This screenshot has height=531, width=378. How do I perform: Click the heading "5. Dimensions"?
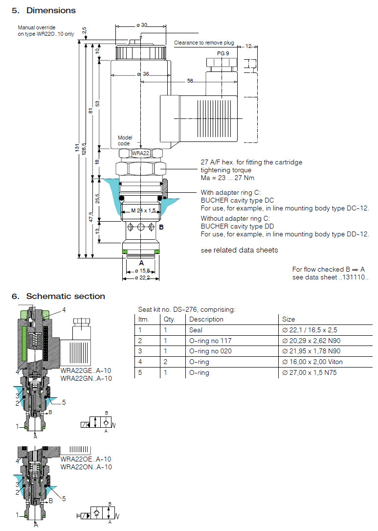(44, 10)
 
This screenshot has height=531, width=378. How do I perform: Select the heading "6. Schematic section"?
(58, 296)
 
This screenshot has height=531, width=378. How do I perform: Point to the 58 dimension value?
(189, 81)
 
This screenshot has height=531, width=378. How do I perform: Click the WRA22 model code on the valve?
(140, 153)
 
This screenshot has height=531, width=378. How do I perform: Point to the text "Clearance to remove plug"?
(204, 43)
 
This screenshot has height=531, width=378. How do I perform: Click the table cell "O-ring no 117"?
(210, 341)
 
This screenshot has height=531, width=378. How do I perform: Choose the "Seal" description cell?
(196, 330)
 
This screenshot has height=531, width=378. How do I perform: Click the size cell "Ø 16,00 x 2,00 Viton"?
(312, 362)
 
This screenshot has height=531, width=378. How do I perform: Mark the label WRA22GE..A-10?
(86, 370)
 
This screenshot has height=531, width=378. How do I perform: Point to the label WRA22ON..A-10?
(86, 467)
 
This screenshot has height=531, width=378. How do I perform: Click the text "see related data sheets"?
(239, 250)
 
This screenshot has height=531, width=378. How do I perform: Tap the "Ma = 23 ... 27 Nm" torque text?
(227, 178)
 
